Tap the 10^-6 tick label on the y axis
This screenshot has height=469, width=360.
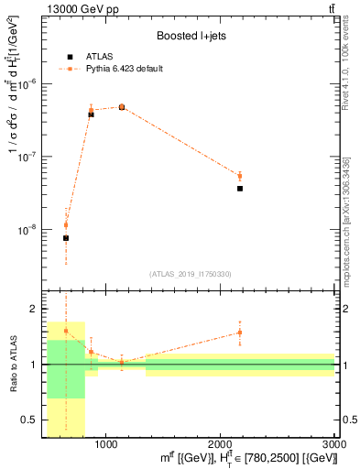pos(27,83)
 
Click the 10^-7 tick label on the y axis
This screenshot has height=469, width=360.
pos(27,157)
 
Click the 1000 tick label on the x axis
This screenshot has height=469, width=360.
pos(105,445)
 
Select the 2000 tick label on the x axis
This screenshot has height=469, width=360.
pos(220,445)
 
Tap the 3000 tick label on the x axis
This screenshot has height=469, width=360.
pos(333,445)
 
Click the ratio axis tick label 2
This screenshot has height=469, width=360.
pos(34,310)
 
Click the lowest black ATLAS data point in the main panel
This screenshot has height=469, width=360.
pos(66,238)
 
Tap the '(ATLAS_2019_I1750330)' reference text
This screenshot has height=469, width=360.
pos(191,274)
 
